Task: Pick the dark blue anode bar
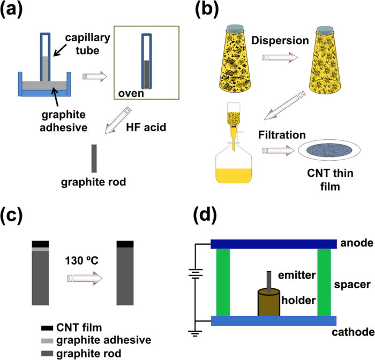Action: click(274, 244)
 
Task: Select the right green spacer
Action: click(325, 282)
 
